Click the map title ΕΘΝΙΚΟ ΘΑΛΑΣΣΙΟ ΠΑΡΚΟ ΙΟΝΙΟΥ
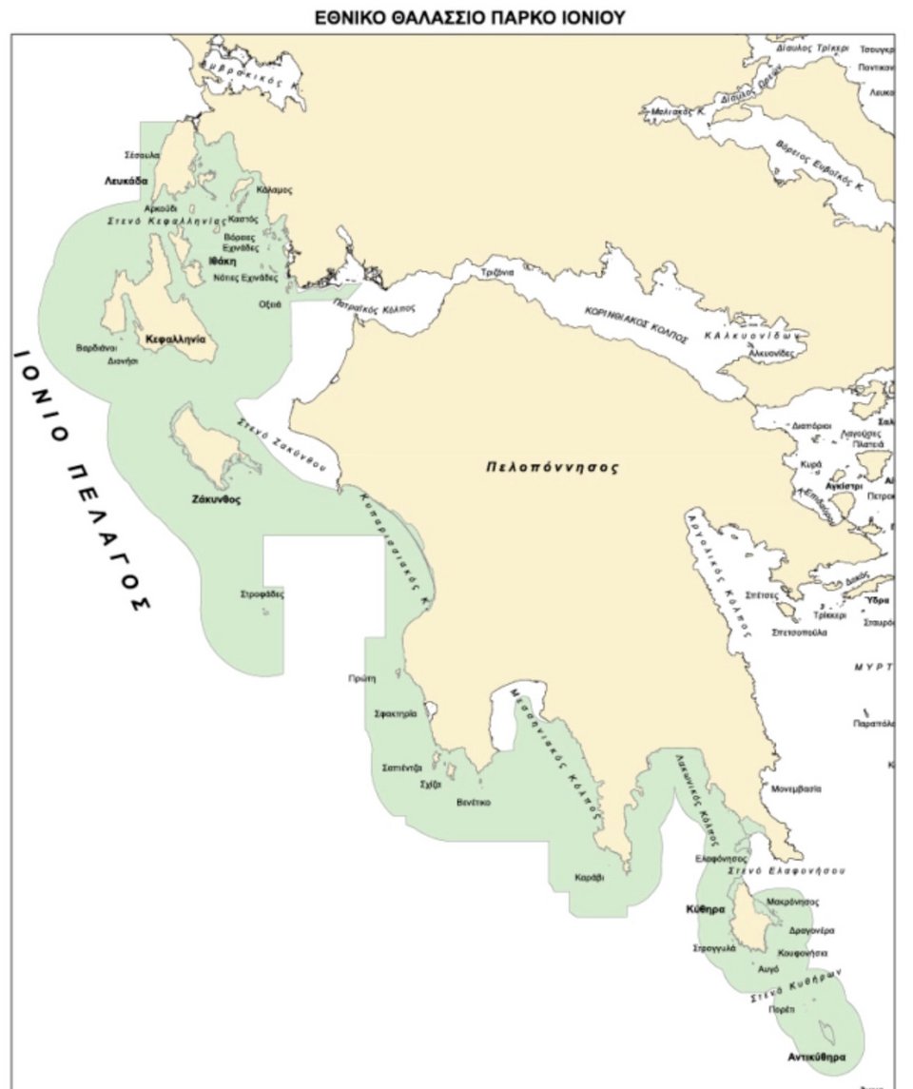tap(456, 18)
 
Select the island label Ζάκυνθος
tap(216, 499)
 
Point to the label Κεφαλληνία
tap(176, 339)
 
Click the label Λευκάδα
tap(126, 180)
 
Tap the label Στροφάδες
tap(262, 594)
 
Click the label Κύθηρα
tap(706, 909)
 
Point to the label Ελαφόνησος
tap(724, 858)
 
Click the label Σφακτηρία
tap(396, 713)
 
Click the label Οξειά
tap(270, 305)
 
